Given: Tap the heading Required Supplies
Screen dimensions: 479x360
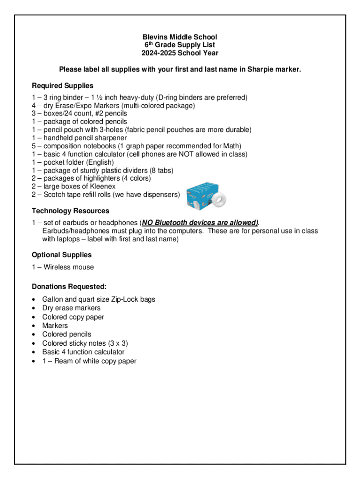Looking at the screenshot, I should point(63,86).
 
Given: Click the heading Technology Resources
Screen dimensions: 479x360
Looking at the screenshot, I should point(71,211).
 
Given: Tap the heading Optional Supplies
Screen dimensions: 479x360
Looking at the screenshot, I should point(62,255).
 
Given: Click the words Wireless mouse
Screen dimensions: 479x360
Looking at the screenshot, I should point(69,267).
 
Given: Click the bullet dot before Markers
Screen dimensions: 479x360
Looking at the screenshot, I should point(35,326).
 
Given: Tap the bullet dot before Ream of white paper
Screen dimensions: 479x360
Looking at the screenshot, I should point(35,361).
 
